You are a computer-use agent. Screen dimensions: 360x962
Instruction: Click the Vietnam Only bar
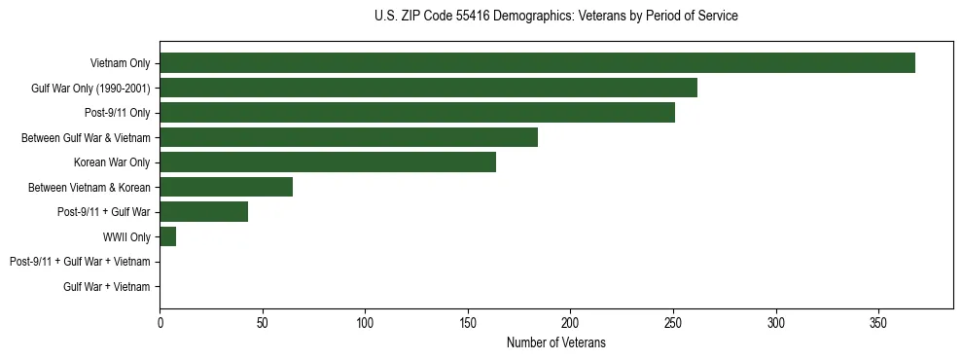point(537,63)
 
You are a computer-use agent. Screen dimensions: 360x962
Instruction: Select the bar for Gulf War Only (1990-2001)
point(428,88)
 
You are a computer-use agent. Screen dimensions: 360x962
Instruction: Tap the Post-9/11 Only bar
point(417,113)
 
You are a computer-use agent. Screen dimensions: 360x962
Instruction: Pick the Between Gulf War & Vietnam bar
point(348,137)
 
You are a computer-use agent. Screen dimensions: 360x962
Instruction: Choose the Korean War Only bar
point(328,162)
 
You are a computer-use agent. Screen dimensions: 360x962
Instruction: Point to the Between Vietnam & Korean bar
point(226,187)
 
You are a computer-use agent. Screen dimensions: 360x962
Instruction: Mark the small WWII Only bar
point(167,236)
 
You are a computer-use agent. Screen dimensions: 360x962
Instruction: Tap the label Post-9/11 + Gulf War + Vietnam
point(80,262)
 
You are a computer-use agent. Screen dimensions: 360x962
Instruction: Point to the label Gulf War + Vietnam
point(107,286)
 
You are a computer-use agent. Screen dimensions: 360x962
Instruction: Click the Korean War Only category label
point(112,162)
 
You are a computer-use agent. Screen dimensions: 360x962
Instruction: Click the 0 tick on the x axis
point(160,322)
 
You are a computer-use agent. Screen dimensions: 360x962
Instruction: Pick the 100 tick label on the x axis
point(365,322)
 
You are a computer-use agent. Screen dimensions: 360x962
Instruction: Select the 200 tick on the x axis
point(570,322)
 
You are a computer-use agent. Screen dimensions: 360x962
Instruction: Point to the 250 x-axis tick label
point(673,322)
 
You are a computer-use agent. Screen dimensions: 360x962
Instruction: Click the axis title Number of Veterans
point(555,342)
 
